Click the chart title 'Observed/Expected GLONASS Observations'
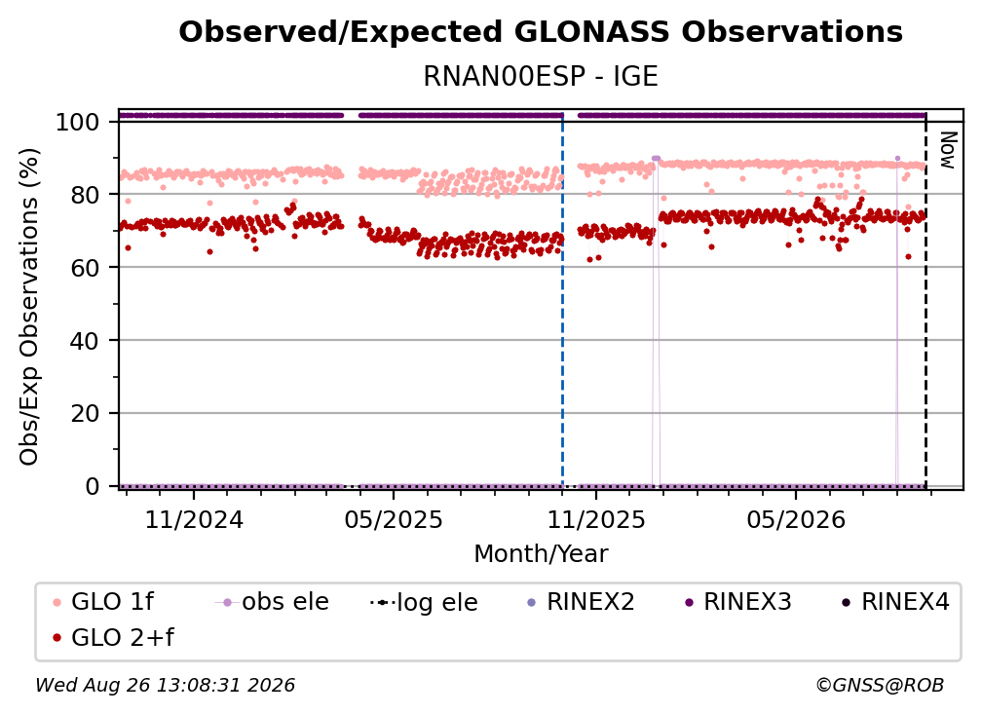click(541, 32)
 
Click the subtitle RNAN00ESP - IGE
click(541, 76)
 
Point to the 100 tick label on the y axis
click(78, 122)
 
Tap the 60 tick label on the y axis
click(85, 267)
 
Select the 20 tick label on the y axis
click(85, 413)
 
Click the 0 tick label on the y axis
click(93, 486)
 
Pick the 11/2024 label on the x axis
click(194, 519)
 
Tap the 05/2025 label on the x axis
click(394, 519)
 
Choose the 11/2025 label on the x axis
click(596, 519)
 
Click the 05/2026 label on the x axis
click(796, 519)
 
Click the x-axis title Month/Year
click(541, 554)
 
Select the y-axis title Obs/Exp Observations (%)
click(29, 307)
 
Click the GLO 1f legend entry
click(103, 602)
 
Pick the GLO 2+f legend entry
click(113, 637)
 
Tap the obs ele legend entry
click(272, 602)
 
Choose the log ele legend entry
click(424, 602)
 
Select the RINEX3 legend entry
click(738, 602)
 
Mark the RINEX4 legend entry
click(895, 602)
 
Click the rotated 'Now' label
click(949, 150)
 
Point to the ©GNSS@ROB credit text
click(880, 685)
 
